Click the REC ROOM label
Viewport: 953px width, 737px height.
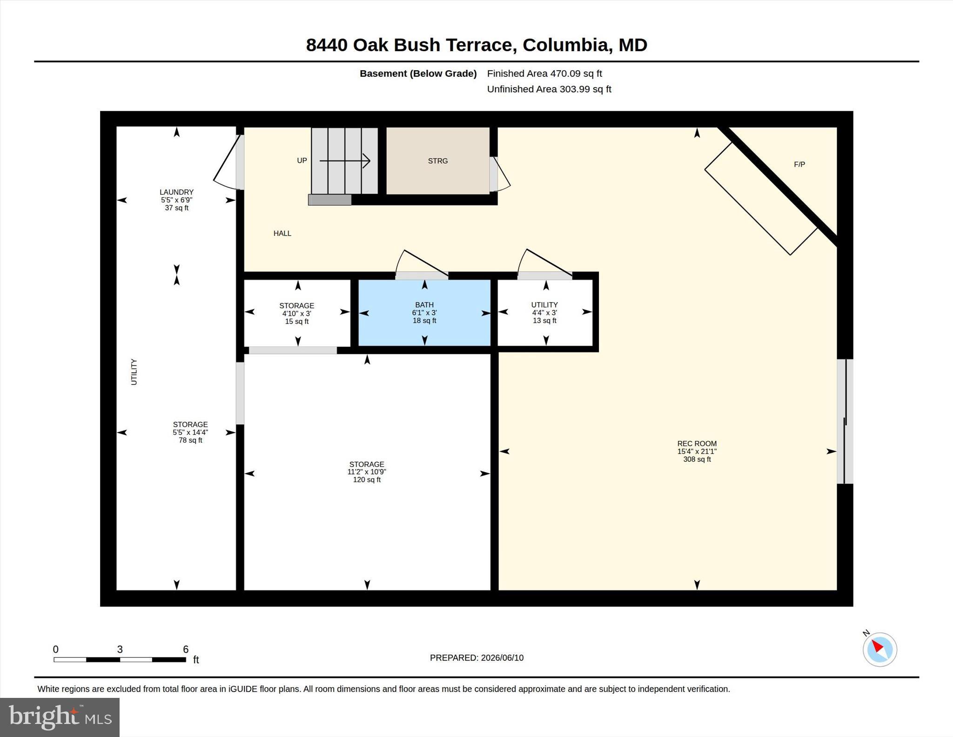click(697, 444)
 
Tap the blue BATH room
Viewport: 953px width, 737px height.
click(424, 312)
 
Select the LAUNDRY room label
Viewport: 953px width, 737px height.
click(176, 192)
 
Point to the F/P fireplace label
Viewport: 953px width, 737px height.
click(799, 164)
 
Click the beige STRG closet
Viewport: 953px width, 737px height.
click(438, 161)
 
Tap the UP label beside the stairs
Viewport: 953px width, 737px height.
click(302, 161)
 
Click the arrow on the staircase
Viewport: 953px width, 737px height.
click(345, 161)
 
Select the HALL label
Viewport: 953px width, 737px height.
click(282, 233)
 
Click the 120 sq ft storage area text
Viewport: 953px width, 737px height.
click(367, 480)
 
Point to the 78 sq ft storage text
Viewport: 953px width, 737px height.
click(190, 440)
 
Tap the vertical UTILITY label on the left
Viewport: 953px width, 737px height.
click(134, 372)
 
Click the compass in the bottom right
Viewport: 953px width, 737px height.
click(879, 649)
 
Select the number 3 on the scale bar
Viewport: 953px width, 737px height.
click(120, 649)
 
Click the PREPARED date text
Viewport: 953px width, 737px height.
click(476, 658)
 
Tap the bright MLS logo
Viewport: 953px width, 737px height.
click(60, 717)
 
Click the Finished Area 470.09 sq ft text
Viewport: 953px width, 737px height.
click(544, 74)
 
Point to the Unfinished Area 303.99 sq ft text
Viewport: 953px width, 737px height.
click(549, 89)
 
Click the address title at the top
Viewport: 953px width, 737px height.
click(476, 45)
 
